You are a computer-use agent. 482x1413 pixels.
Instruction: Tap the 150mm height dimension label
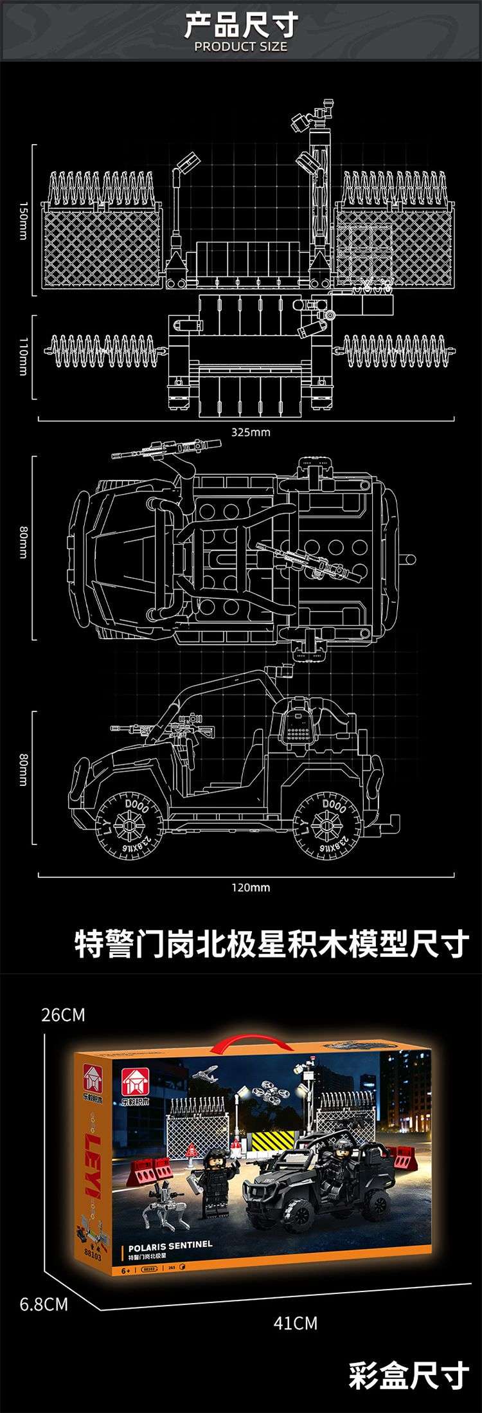tap(23, 221)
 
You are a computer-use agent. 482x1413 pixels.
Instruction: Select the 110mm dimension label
tap(23, 357)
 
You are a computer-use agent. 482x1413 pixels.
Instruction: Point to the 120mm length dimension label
tap(251, 888)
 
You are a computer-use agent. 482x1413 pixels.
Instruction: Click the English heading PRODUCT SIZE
tap(241, 47)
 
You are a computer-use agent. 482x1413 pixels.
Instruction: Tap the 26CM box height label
tap(63, 1015)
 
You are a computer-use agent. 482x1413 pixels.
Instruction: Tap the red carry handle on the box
tap(242, 1042)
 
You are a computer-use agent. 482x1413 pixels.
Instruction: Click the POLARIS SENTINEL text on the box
tap(170, 1244)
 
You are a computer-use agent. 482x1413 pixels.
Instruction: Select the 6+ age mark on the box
tap(126, 1271)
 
